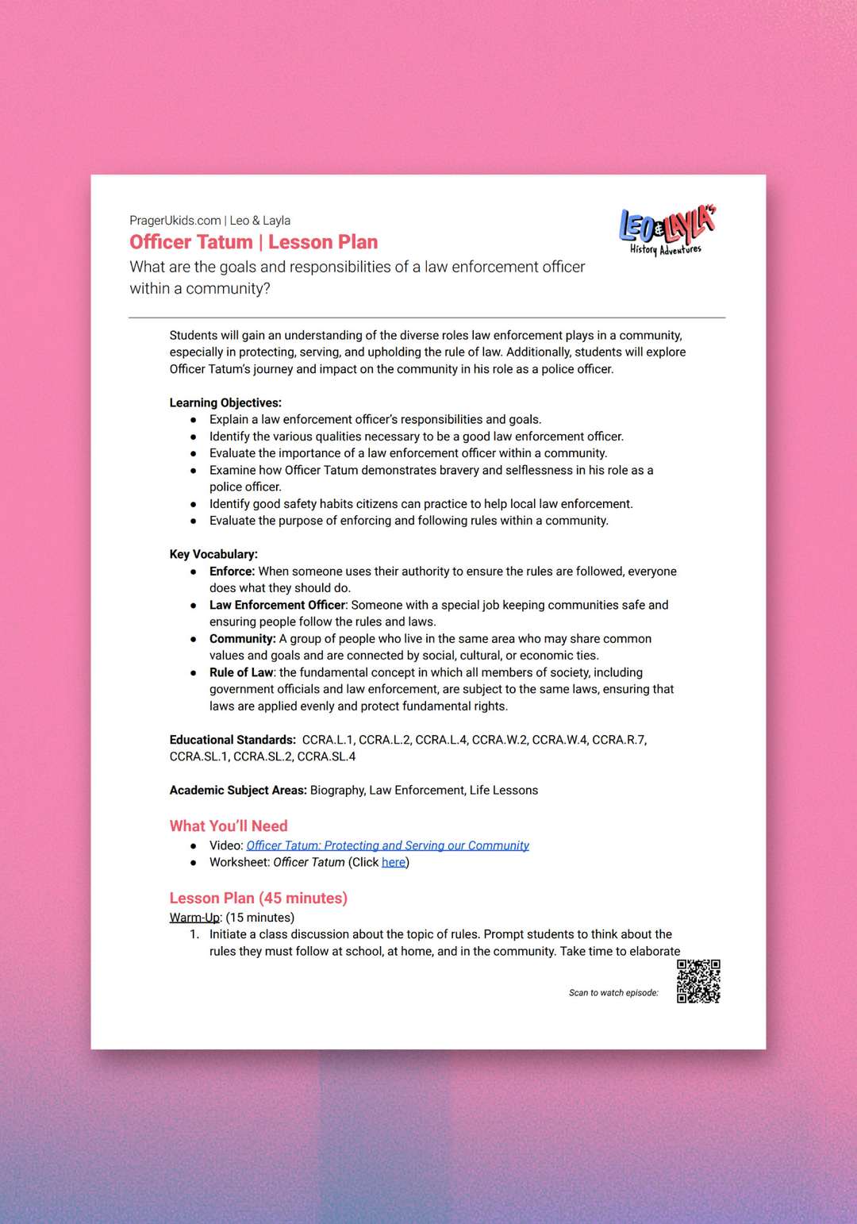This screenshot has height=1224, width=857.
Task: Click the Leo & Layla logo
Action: tap(667, 230)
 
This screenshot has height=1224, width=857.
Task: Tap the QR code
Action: tap(698, 981)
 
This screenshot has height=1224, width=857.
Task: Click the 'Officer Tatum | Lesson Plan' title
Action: tap(254, 242)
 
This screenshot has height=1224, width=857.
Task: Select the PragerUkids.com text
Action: tap(175, 221)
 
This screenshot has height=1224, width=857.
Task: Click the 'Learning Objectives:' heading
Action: tap(225, 402)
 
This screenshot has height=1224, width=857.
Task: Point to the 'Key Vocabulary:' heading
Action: tap(213, 554)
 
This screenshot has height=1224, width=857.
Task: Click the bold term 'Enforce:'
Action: tap(232, 572)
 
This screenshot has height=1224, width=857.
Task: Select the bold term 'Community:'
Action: tap(242, 639)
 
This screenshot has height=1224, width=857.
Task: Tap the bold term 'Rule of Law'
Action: tap(241, 672)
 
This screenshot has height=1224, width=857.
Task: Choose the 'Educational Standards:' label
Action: tap(233, 740)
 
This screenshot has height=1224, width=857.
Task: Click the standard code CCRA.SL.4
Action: tap(326, 756)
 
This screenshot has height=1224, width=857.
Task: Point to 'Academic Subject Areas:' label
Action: tap(238, 791)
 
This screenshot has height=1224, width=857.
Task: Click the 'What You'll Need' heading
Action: tap(229, 826)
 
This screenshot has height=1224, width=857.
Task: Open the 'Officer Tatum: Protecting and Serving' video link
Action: tap(387, 845)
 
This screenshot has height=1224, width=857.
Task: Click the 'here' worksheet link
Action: tap(394, 863)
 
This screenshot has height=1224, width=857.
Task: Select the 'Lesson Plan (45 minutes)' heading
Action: tap(259, 898)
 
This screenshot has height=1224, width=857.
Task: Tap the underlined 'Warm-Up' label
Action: tap(194, 918)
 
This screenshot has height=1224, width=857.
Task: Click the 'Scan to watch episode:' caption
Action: tap(613, 993)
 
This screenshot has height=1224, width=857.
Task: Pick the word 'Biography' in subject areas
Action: tap(336, 791)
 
